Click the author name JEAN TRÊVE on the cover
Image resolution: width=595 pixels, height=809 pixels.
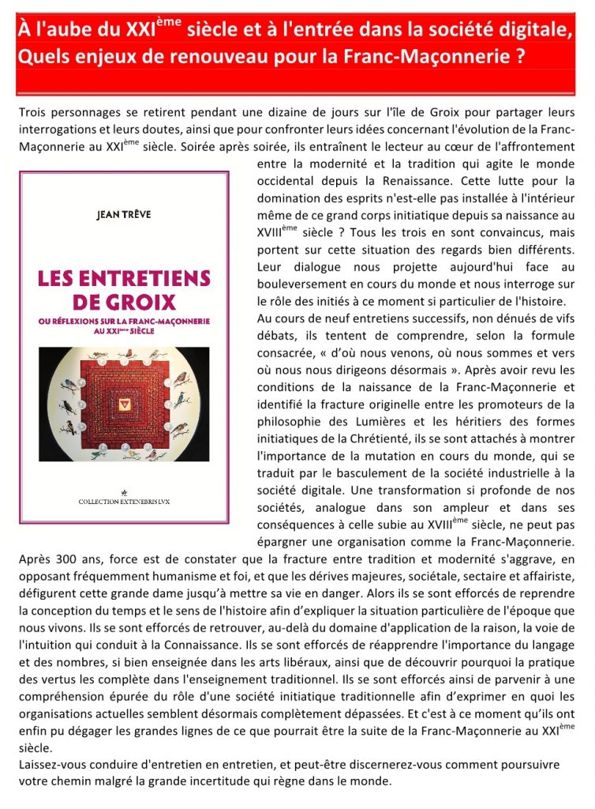coord(124,213)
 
